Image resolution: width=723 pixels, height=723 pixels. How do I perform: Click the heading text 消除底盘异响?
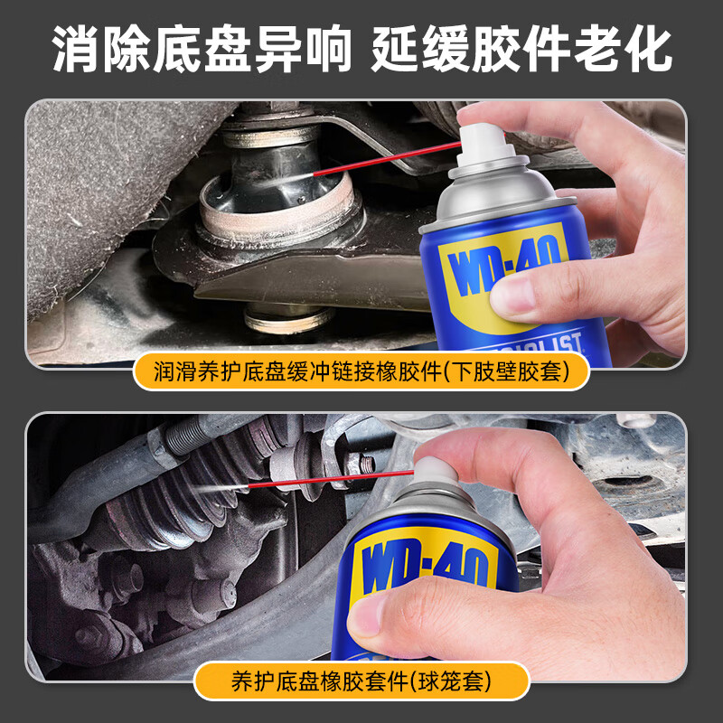click(x=201, y=50)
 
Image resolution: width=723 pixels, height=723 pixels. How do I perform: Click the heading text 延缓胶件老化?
click(x=521, y=50)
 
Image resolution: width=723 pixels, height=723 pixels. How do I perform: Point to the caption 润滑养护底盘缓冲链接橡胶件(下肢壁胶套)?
click(x=361, y=372)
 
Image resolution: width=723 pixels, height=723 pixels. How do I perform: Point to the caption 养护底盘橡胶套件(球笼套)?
click(x=361, y=680)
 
